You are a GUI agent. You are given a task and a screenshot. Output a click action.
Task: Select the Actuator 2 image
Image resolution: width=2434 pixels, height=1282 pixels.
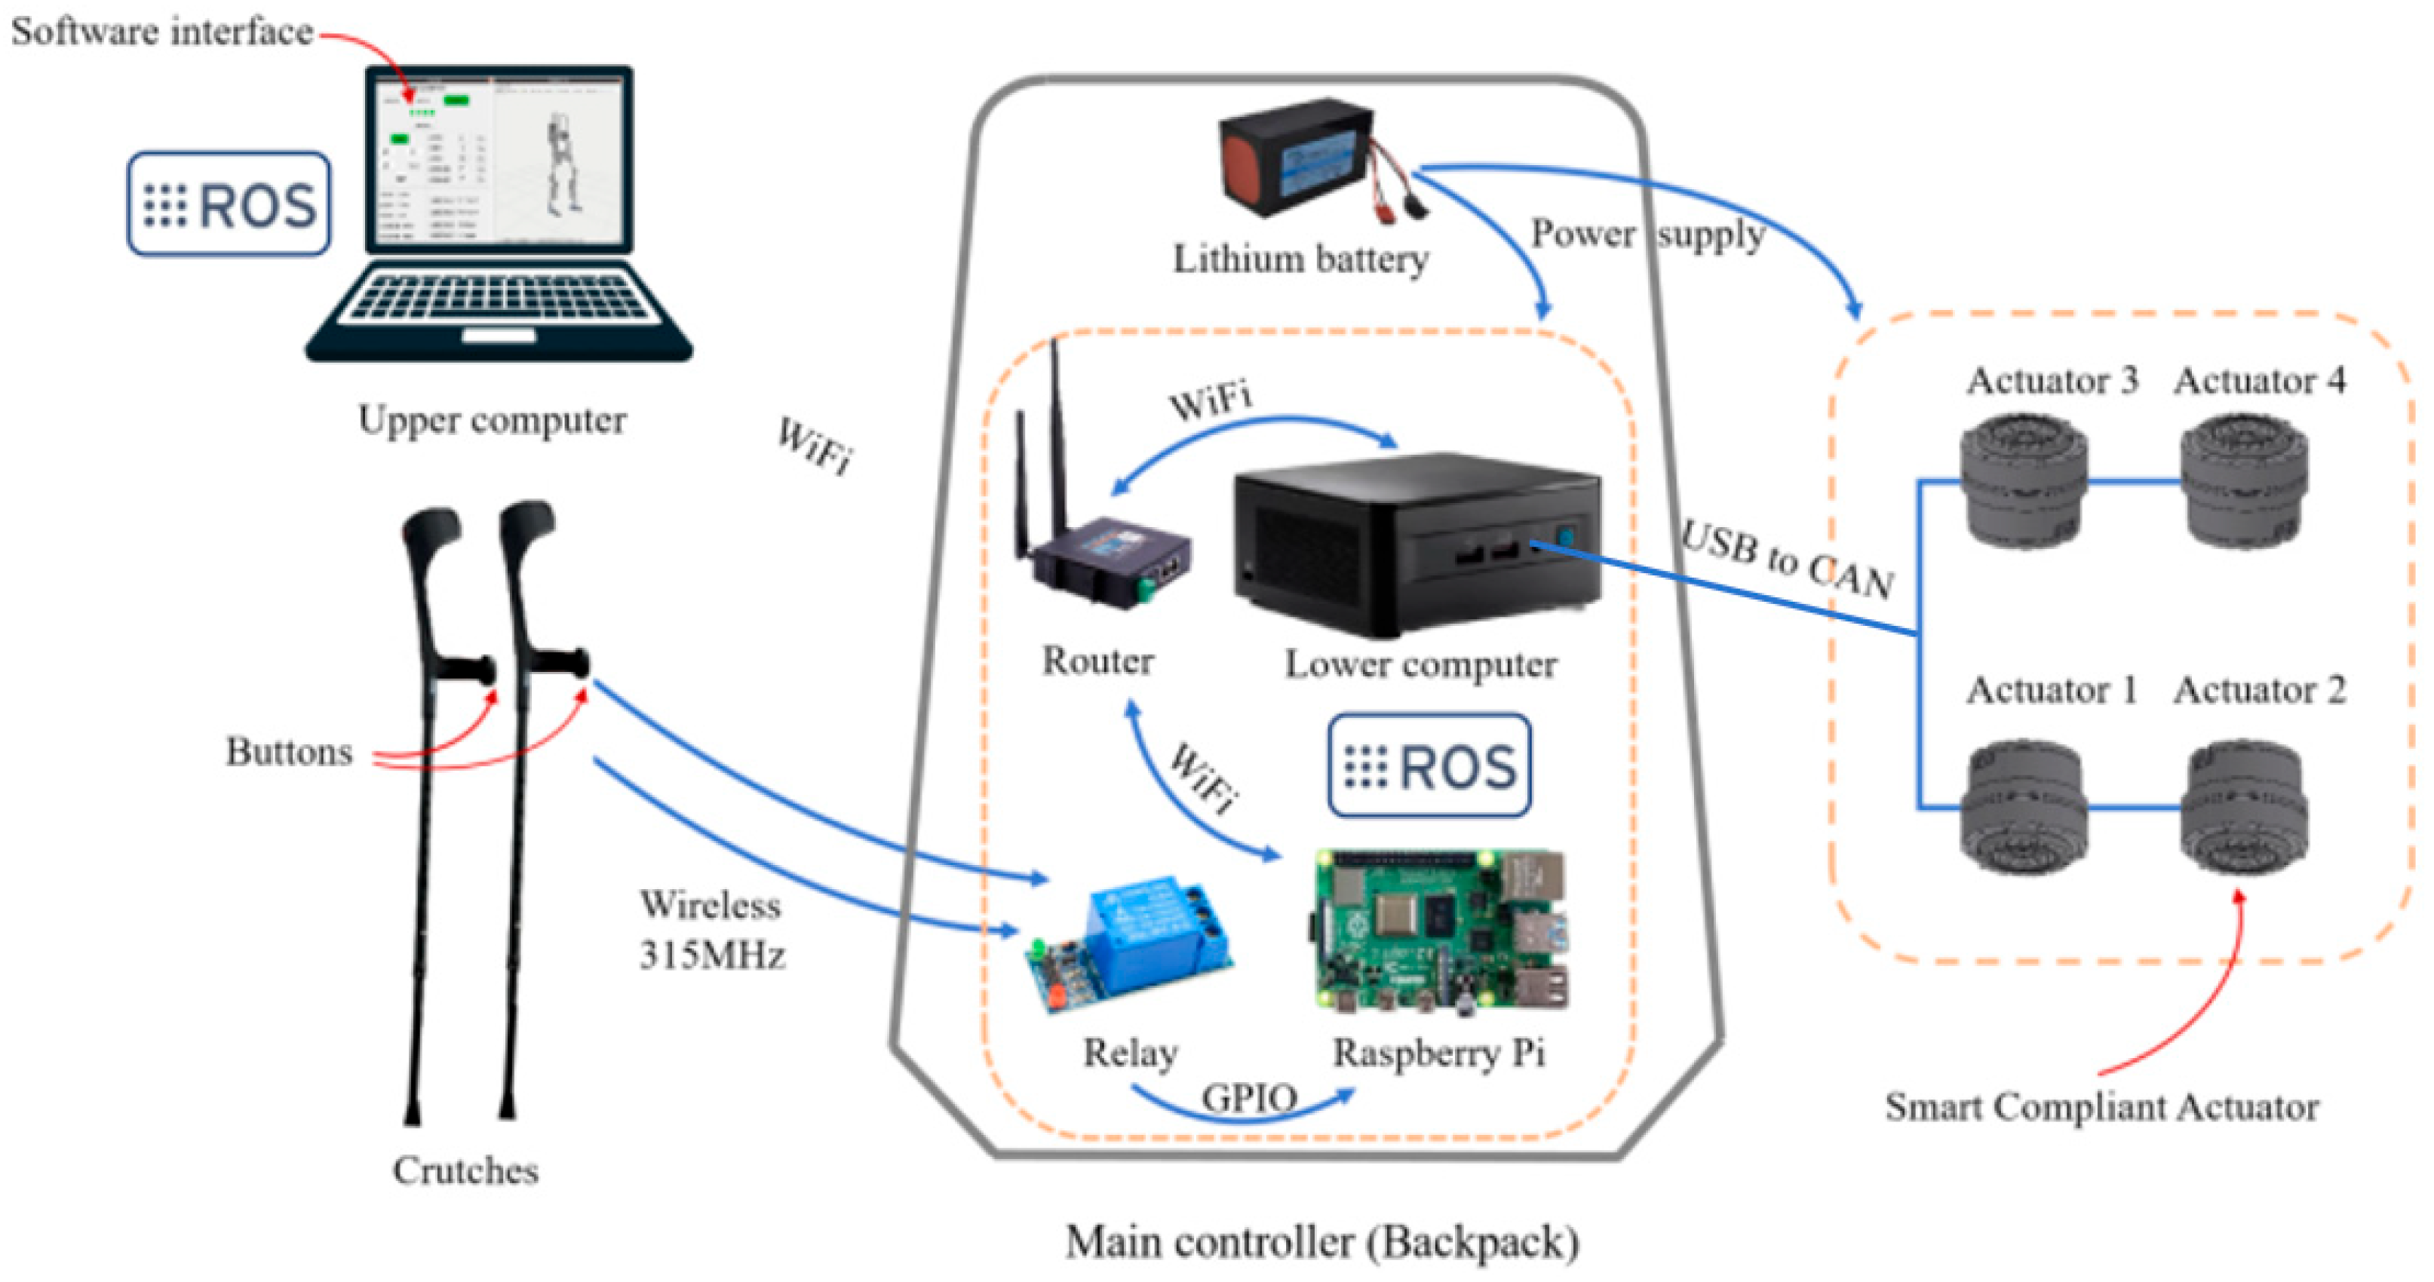(2244, 808)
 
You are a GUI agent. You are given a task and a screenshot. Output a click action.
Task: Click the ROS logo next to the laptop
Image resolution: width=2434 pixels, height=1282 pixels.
(229, 204)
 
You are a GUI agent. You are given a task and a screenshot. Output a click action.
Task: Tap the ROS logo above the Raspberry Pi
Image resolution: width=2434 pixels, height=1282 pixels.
(1429, 765)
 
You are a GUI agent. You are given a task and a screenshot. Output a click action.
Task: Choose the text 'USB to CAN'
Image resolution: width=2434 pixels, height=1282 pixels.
(1786, 560)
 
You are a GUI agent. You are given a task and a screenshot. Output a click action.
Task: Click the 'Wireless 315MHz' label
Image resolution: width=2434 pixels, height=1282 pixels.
(711, 930)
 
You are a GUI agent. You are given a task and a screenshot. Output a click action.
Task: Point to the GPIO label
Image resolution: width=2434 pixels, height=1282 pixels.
(1248, 1098)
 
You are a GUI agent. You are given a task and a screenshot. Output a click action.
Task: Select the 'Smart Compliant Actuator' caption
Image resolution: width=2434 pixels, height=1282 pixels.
(2101, 1106)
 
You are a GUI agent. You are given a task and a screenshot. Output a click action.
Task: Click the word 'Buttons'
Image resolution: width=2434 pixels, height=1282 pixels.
(288, 752)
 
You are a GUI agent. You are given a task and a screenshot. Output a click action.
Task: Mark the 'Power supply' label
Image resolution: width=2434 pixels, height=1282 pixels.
(1647, 233)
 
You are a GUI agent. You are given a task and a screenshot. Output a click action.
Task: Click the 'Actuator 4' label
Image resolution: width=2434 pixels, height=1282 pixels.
(2258, 381)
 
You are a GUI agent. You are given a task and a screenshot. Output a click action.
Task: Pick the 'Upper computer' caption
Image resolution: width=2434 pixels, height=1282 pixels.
(491, 419)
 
